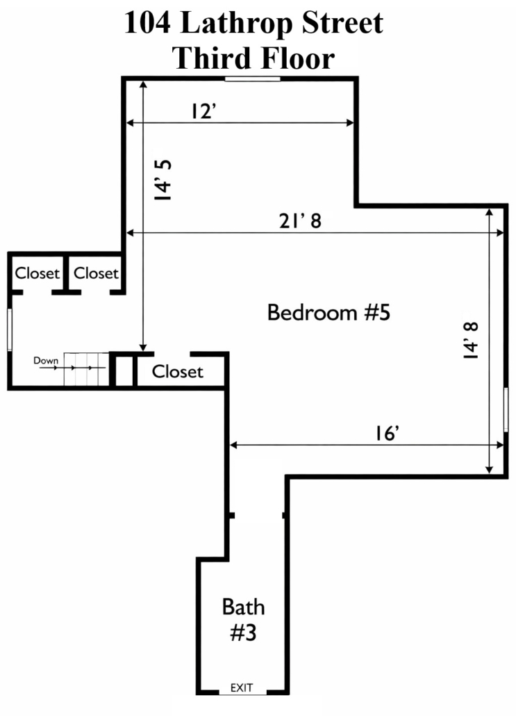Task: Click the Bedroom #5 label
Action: coord(328,313)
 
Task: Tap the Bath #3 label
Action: coord(243,620)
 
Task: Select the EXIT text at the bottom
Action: coord(242,687)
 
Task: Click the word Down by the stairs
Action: coord(46,360)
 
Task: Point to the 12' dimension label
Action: coord(203,111)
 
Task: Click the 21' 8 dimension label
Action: coord(300,221)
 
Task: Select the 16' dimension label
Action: coord(388,433)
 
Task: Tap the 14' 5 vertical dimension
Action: coord(163,180)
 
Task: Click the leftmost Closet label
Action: coord(38,273)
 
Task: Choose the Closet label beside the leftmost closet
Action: coord(96,273)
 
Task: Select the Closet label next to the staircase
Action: coord(178,372)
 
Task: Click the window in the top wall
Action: coord(252,79)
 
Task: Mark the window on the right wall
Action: coord(506,409)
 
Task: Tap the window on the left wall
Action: coord(10,329)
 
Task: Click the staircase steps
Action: coord(86,369)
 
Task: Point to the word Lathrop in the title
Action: coord(236,23)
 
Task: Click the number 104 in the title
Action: coord(147,22)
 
